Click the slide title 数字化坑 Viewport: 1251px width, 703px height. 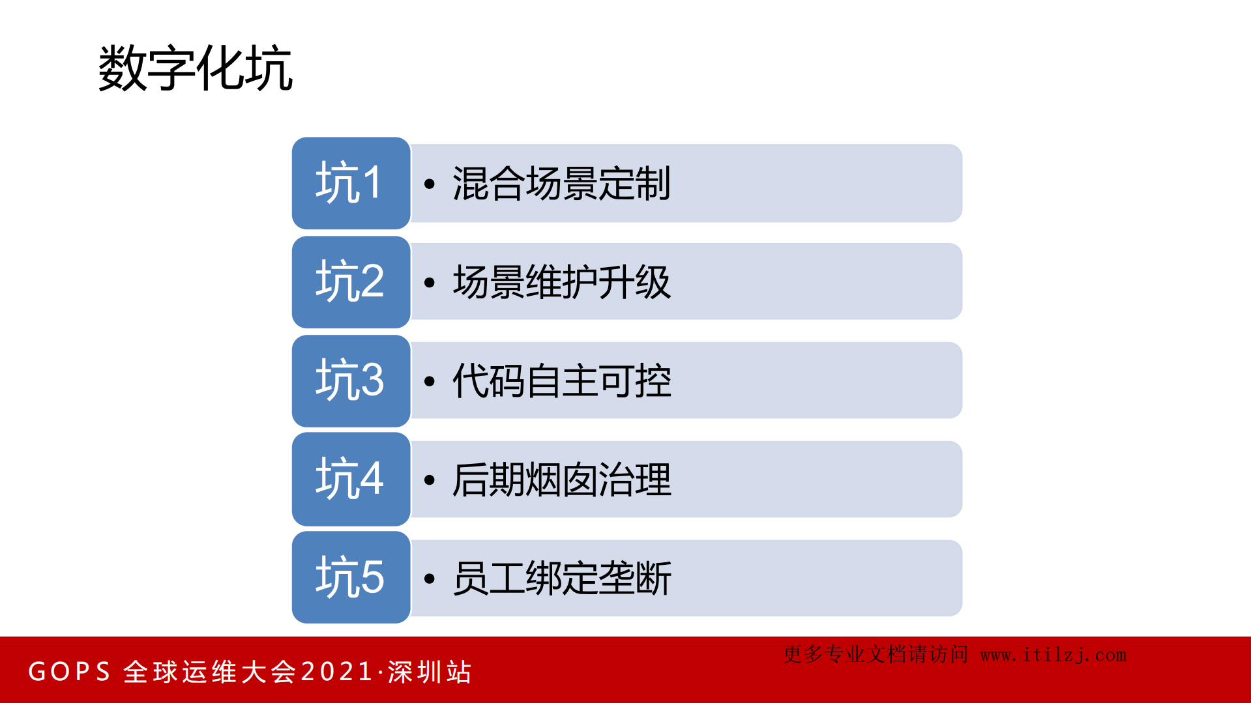coord(196,68)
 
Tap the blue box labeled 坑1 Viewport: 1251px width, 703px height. coord(351,183)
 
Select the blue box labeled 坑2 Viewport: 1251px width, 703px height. coord(351,282)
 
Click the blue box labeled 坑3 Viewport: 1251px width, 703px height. coord(351,381)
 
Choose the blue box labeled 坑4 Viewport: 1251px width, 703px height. coord(351,480)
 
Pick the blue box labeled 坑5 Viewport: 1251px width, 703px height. coord(351,578)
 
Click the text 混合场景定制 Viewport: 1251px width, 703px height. coord(561,184)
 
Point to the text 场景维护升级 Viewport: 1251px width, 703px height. coord(561,283)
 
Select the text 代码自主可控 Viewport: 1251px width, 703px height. coord(561,381)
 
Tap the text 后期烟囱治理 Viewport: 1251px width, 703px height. coord(561,480)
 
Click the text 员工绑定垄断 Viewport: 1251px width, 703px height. coord(561,579)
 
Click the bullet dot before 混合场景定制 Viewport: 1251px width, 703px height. coord(429,184)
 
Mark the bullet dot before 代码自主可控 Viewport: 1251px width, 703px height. coord(429,382)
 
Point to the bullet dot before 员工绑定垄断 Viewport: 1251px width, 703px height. coord(429,579)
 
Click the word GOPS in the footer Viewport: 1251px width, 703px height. coord(69,672)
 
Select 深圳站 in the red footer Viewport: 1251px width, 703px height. coord(430,672)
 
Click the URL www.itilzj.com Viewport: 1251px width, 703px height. coord(1053,655)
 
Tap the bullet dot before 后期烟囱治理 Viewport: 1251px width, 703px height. coord(429,480)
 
